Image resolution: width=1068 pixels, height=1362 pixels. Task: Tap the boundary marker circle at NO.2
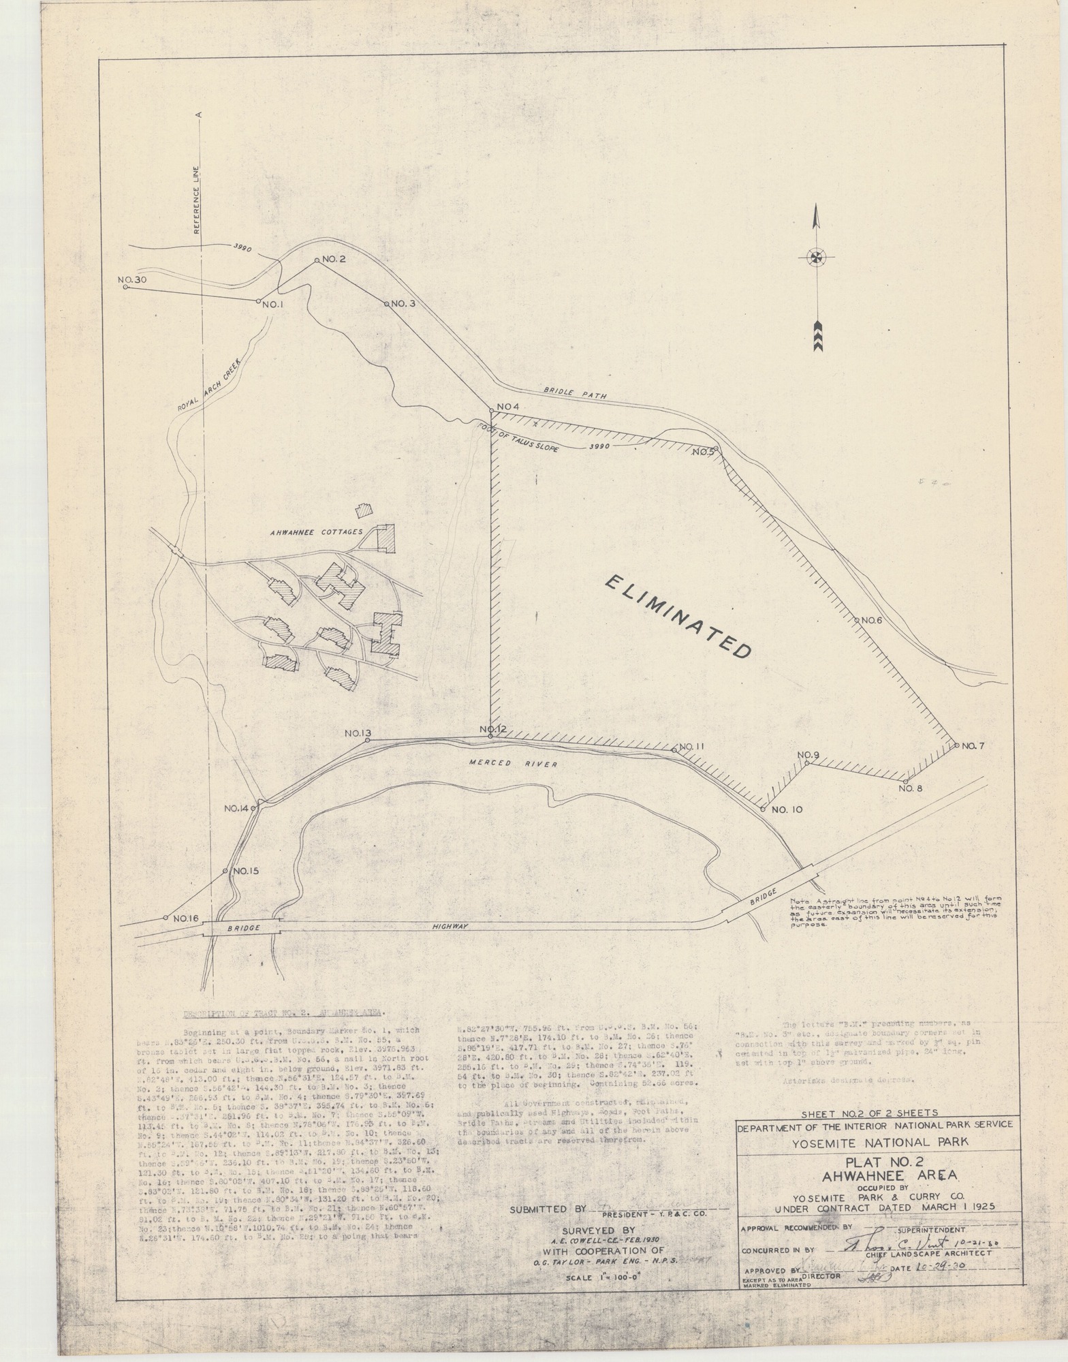click(317, 260)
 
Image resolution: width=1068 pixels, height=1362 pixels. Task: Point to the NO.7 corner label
click(974, 745)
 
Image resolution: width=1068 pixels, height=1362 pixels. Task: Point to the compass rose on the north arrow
click(815, 258)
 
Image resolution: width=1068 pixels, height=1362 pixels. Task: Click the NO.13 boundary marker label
click(357, 734)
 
